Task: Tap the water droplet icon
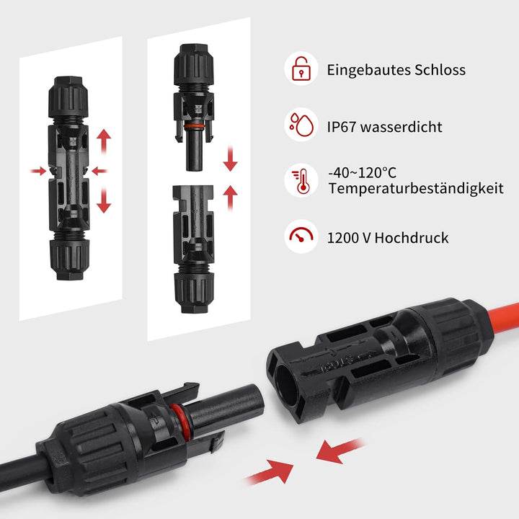[301, 124]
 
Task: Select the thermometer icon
[301, 180]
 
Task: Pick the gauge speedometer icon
[301, 235]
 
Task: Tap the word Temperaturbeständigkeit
[414, 189]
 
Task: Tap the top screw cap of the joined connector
[69, 101]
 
